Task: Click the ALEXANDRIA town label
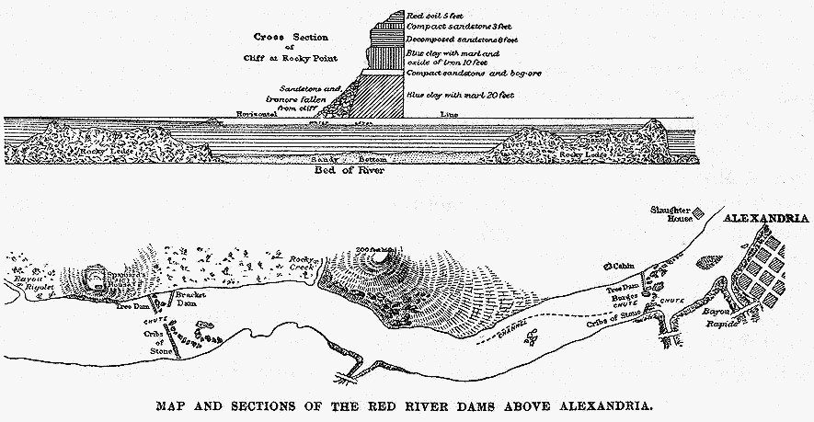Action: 765,219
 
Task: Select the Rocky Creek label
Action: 303,264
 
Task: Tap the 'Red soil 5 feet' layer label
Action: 437,16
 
